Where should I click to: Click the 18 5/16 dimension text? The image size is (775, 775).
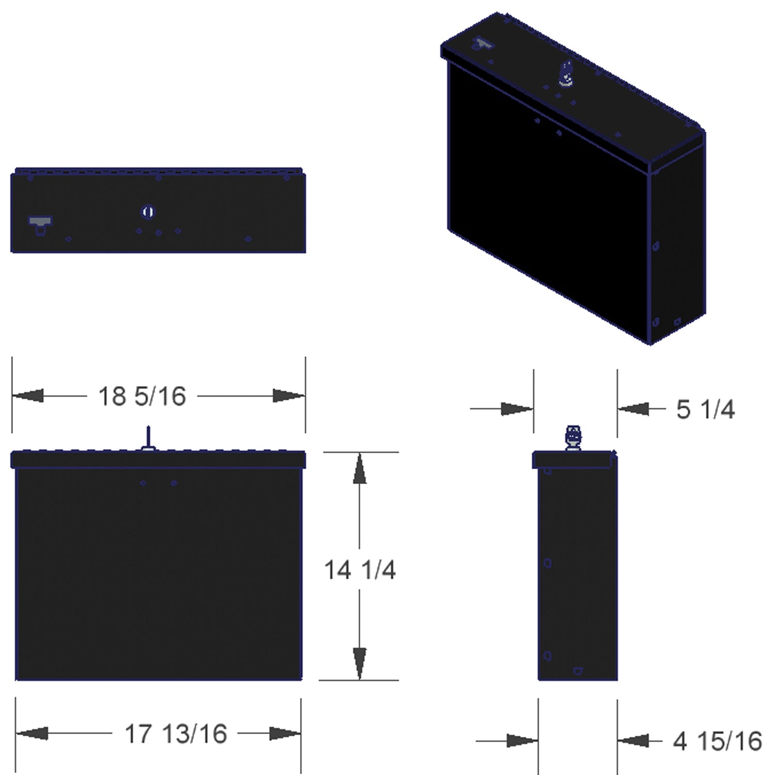[142, 396]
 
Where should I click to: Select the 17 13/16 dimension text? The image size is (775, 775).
[176, 734]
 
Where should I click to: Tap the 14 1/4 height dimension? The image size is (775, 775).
[360, 570]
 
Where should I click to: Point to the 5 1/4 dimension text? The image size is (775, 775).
[705, 409]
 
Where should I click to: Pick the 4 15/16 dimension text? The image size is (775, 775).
[717, 741]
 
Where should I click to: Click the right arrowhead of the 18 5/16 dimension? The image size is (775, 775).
[289, 396]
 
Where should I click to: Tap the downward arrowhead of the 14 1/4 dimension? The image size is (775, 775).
[360, 663]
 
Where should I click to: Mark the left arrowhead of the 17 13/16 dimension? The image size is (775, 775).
[32, 734]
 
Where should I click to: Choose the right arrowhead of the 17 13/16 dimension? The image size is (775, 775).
[285, 734]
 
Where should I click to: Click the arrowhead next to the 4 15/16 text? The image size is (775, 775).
[633, 741]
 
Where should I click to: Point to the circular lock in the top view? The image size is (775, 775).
[148, 212]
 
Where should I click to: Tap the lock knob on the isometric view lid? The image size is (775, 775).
[567, 73]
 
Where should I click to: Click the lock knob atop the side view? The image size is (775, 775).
[574, 438]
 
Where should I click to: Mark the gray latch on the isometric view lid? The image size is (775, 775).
[483, 44]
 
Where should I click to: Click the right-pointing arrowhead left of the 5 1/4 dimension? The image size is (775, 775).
[517, 409]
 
